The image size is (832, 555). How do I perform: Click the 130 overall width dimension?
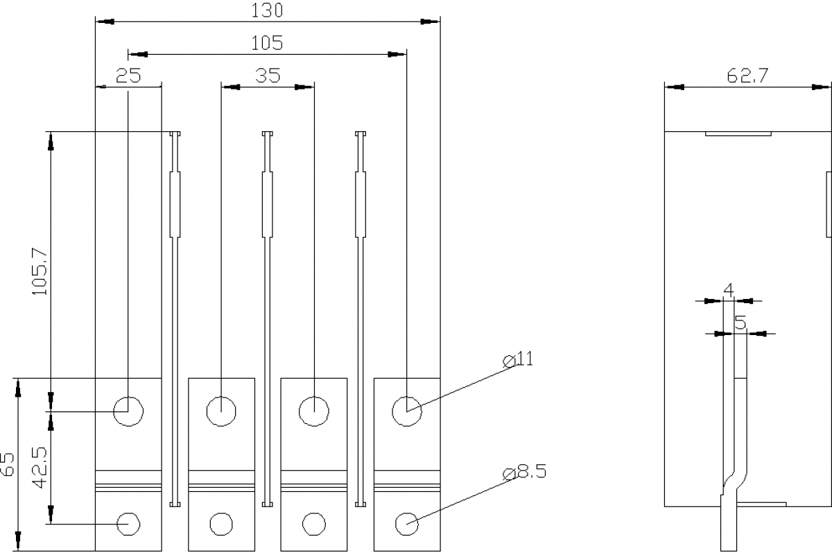click(x=267, y=10)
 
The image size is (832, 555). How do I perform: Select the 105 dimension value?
click(x=267, y=43)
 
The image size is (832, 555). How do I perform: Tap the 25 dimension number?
click(x=128, y=76)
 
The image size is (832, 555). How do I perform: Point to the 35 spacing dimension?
click(x=267, y=76)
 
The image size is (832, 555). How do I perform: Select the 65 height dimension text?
click(x=8, y=463)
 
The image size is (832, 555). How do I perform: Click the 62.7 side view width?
click(x=747, y=76)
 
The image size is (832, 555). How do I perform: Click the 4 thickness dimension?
click(x=728, y=289)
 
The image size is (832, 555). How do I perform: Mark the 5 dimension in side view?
click(x=740, y=322)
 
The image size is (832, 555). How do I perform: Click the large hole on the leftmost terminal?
click(x=128, y=411)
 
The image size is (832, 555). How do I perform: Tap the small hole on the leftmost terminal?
click(x=128, y=523)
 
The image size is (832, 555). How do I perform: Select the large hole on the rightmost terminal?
click(x=407, y=411)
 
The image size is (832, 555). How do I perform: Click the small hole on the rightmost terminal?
click(x=407, y=523)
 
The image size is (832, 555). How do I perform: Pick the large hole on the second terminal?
click(x=220, y=411)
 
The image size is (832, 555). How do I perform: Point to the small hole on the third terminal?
click(x=313, y=523)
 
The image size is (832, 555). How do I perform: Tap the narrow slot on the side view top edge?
click(x=738, y=133)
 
